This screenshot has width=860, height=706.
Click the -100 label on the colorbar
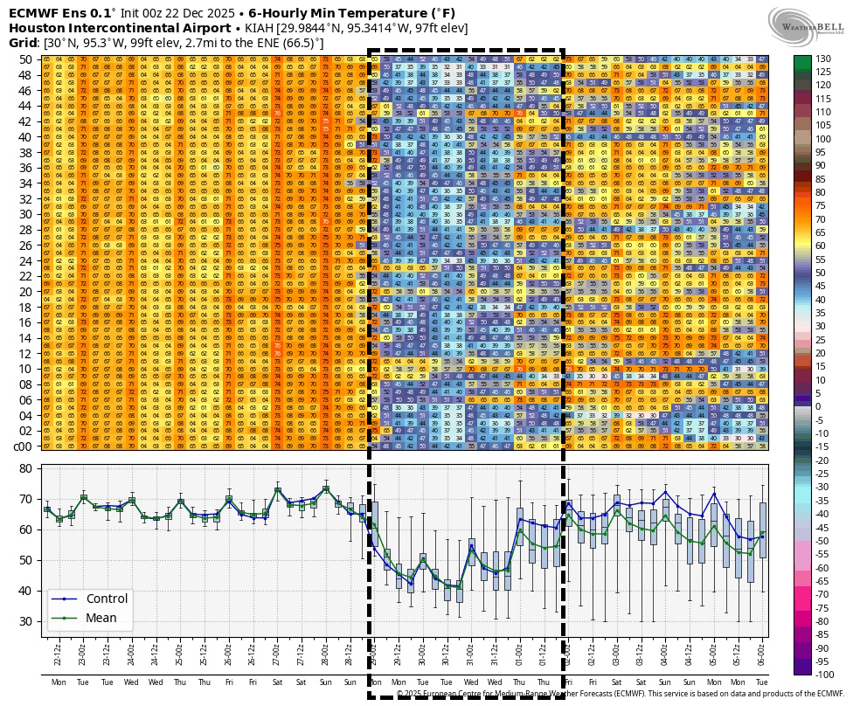pos(825,675)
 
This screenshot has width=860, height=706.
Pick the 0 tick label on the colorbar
pos(819,406)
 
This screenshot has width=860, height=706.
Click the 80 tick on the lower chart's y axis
pos(25,468)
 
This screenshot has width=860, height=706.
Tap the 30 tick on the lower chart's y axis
pos(25,621)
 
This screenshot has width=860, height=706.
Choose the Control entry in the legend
pos(107,599)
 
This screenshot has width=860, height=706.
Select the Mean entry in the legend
pos(101,618)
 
